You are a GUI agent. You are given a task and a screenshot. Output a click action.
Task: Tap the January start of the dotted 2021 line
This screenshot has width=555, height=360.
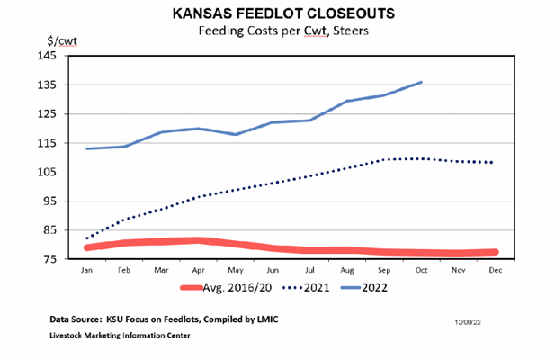(x=87, y=238)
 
